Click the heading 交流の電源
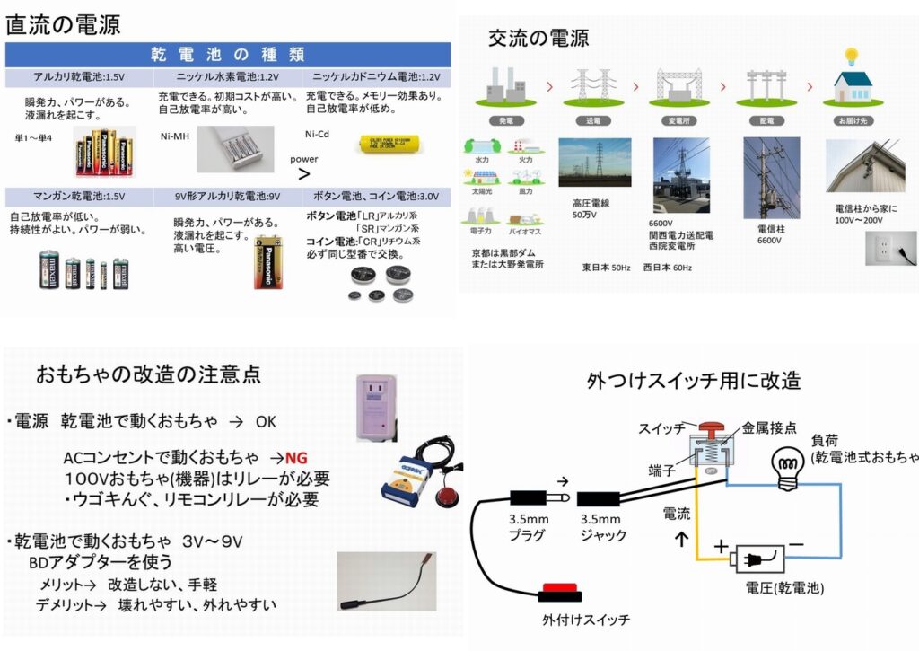tap(538, 38)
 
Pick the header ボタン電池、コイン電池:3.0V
tap(376, 195)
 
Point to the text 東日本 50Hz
tap(608, 267)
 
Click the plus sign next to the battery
tap(720, 544)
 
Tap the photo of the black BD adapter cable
tap(386, 582)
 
